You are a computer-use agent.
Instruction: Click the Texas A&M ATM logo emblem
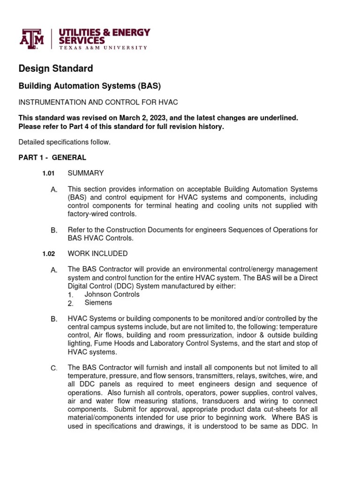coord(31,39)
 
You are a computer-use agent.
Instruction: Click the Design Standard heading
coord(55,68)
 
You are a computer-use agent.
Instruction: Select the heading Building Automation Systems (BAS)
coord(89,86)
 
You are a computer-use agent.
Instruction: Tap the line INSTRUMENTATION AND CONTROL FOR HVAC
coord(98,102)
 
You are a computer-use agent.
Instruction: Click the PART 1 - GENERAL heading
coord(52,157)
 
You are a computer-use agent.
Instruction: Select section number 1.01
coord(48,173)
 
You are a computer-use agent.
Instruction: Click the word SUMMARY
coord(86,173)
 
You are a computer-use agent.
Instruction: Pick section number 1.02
coord(48,254)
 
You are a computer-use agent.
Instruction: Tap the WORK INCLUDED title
coord(97,254)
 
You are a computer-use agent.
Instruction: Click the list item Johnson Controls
coord(112,294)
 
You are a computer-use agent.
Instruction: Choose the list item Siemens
coord(98,303)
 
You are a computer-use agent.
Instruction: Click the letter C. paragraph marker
coord(54,368)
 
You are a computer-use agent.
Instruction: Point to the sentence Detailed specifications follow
coord(64,142)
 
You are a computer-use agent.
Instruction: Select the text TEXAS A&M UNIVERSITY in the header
coord(103,48)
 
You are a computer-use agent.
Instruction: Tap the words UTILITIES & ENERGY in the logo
coord(104,32)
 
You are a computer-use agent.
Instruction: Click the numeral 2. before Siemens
coord(70,303)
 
